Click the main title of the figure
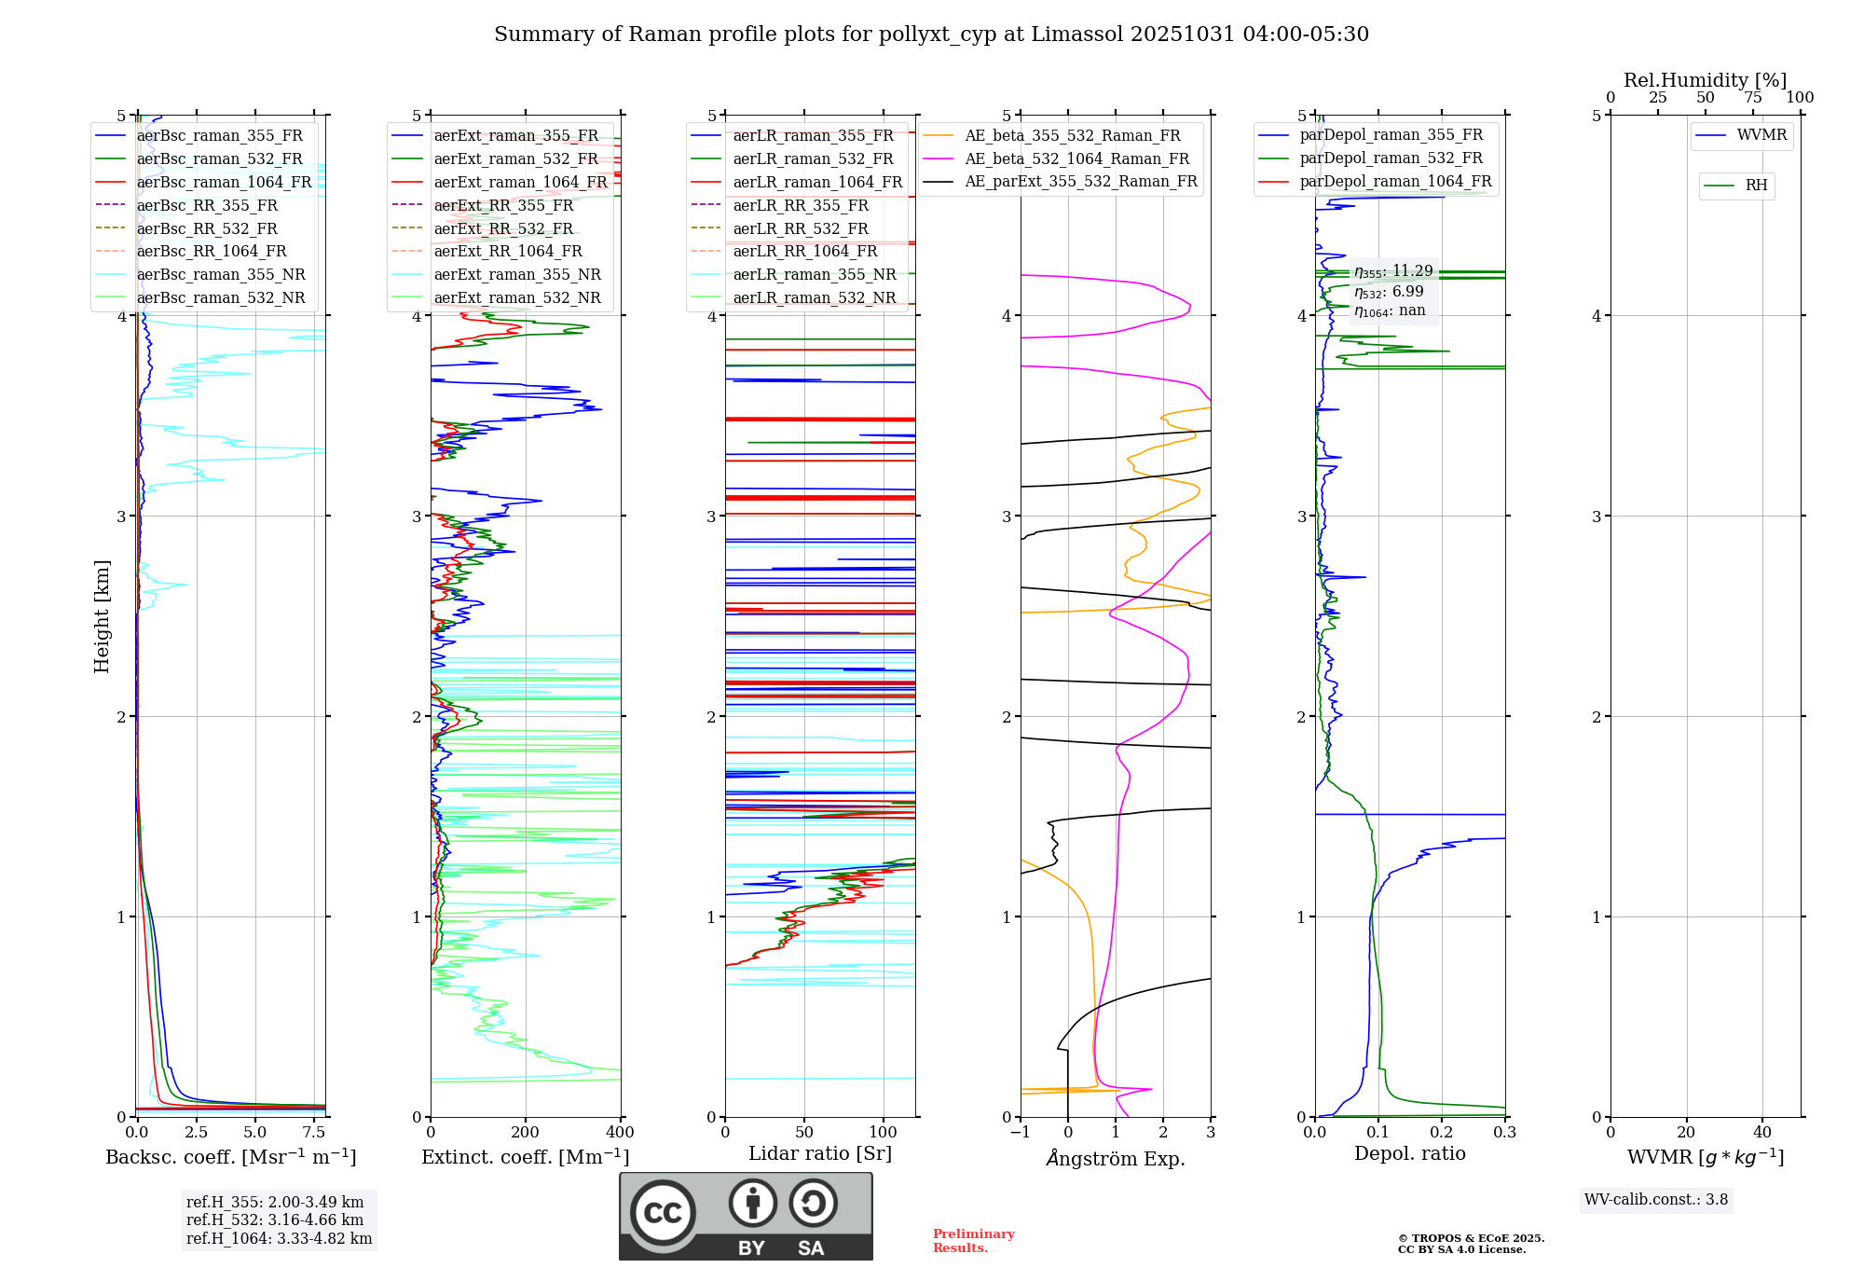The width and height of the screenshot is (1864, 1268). coord(931,34)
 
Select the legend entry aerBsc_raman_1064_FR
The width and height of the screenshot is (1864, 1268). coord(224,182)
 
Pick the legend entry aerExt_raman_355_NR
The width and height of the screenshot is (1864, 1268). coord(517,274)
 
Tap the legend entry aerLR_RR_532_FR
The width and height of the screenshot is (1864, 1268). coord(801,228)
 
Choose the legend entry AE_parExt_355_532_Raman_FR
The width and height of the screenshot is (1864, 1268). coord(1081,181)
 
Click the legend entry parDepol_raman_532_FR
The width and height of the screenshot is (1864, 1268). coord(1391,158)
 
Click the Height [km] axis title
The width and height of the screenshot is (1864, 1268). coord(102,616)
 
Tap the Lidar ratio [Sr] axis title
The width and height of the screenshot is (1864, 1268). coord(820,1153)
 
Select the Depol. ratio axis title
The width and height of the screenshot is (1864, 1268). coord(1409,1153)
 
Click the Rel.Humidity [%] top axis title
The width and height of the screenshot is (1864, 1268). coord(1705,80)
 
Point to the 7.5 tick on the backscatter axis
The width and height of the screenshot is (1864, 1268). coord(314,1133)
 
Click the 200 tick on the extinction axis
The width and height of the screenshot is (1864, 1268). coord(526,1133)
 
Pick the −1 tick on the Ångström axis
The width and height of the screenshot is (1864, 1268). coord(1020,1133)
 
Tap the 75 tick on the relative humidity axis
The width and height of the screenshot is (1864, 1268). coord(1752,98)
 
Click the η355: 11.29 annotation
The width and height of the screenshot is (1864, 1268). coord(1393,271)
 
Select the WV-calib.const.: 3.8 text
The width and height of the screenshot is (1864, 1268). coord(1656,1200)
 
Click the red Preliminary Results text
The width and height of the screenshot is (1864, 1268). coord(973,1241)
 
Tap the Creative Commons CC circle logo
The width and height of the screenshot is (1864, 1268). coord(663,1213)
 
